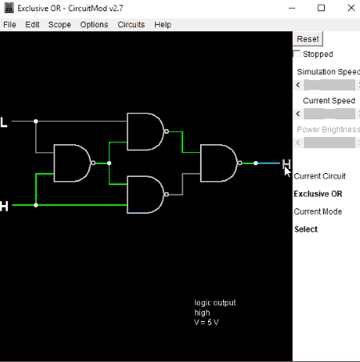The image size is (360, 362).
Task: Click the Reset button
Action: pos(308,39)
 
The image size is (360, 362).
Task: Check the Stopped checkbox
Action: pos(297,54)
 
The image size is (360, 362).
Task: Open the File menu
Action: pos(10,25)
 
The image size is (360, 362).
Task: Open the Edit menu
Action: pos(32,25)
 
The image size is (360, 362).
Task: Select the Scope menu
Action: pos(59,25)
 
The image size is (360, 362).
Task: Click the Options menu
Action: pos(94,25)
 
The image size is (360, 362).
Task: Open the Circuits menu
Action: pos(131,25)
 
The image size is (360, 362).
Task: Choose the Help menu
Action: pos(162,25)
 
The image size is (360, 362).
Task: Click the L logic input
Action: pos(3,123)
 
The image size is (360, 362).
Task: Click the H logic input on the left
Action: pos(4,206)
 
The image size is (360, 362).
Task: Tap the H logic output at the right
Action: pos(286,163)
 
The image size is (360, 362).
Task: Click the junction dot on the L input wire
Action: pos(36,122)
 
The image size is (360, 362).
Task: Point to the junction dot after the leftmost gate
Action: pos(109,163)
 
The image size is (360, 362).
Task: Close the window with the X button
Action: pos(351,8)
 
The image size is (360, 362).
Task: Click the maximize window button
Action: pos(321,8)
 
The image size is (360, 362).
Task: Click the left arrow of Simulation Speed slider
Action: pos(298,85)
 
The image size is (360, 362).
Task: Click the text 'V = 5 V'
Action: pos(206,322)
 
